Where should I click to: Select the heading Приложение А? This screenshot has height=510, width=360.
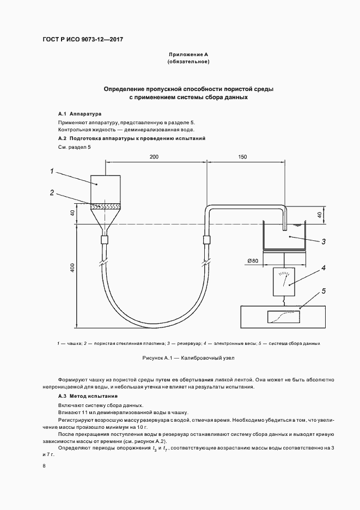[188, 55]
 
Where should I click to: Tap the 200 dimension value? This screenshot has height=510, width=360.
[154, 157]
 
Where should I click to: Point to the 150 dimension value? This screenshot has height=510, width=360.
[243, 157]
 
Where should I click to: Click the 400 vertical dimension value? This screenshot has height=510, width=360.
[72, 268]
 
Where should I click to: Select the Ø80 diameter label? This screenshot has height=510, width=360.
[252, 260]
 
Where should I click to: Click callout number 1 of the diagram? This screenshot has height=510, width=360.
[52, 172]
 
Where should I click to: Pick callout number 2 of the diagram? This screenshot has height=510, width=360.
[52, 192]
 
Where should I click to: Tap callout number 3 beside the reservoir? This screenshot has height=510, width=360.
[323, 241]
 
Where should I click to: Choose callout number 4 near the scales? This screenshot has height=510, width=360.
[323, 268]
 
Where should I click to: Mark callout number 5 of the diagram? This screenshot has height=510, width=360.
[323, 291]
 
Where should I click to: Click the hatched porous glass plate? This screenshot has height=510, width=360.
[106, 206]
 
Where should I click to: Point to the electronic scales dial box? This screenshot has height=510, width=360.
[283, 281]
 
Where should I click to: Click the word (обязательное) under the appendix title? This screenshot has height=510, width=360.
[188, 62]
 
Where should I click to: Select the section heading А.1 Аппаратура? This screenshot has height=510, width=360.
[80, 114]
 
